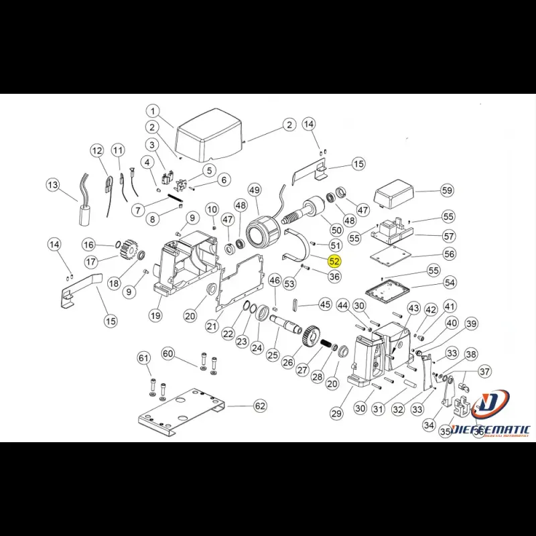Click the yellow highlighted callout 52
click(x=334, y=261)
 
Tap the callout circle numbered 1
click(x=153, y=111)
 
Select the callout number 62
click(x=260, y=406)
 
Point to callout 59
click(x=448, y=190)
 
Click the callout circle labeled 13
click(x=53, y=184)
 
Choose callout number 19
click(x=155, y=316)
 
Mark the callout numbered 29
click(x=336, y=414)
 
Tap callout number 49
click(x=254, y=190)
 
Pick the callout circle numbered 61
click(x=144, y=358)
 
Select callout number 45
click(x=325, y=305)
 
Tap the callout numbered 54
click(x=449, y=283)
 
